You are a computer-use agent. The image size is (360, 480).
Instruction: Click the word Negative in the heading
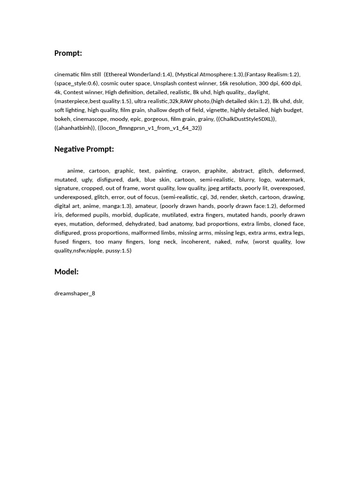[x=69, y=149]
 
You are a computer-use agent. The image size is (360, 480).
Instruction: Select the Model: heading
[x=66, y=271]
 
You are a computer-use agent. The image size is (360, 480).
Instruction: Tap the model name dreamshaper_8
[x=75, y=293]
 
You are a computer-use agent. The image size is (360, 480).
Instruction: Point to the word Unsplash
[x=165, y=83]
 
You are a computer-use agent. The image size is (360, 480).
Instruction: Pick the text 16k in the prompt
[x=223, y=83]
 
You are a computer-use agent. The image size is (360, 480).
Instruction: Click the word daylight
[x=258, y=92]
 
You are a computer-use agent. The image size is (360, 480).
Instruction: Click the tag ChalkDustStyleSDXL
[x=246, y=119]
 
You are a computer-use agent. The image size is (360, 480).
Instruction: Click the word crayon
[x=190, y=171]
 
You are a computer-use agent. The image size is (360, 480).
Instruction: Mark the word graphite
[x=216, y=171]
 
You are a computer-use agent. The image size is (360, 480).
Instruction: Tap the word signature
[x=66, y=188]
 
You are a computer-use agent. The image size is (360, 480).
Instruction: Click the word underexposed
[x=73, y=197]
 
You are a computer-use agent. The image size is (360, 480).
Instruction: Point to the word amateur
[x=146, y=206]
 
